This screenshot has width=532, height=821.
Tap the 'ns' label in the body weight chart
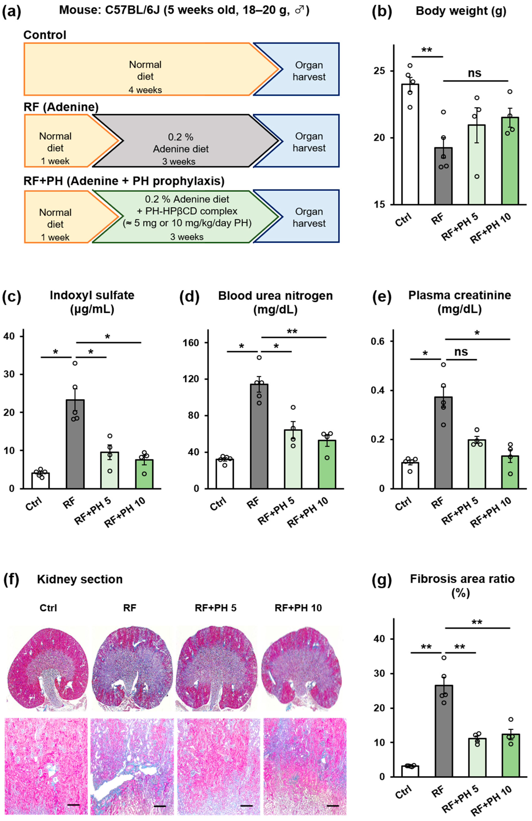coord(474,73)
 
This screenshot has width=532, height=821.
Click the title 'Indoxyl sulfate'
coord(92,296)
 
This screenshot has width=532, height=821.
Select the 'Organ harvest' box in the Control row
coord(309,71)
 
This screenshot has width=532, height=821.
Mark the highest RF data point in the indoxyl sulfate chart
coord(75,363)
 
